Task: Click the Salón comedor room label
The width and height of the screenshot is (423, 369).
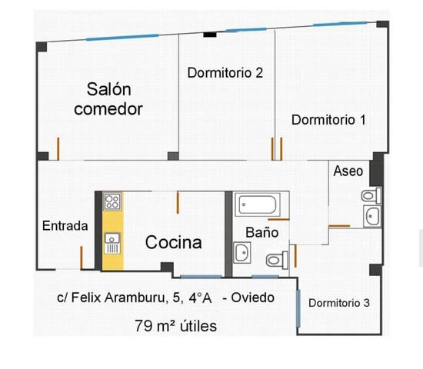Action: (x=108, y=99)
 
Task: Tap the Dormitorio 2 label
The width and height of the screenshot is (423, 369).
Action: (x=225, y=73)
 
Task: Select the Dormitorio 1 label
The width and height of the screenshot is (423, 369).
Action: (x=328, y=120)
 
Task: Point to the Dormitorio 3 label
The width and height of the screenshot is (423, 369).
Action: (x=339, y=303)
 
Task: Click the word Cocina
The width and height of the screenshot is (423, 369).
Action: (x=174, y=243)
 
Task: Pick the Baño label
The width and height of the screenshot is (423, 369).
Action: (x=256, y=231)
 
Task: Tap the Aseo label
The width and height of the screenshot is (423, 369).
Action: (x=348, y=171)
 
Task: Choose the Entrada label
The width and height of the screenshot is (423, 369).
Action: (x=65, y=226)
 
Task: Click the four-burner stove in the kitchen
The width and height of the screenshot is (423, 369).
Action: (x=112, y=202)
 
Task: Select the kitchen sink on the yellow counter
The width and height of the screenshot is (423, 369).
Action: (x=112, y=243)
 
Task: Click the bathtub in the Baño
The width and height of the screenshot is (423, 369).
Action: (x=258, y=205)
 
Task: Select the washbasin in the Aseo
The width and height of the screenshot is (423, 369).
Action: (x=371, y=218)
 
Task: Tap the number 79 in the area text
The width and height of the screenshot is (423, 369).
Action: (x=143, y=326)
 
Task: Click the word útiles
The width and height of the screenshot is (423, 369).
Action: (x=197, y=326)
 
